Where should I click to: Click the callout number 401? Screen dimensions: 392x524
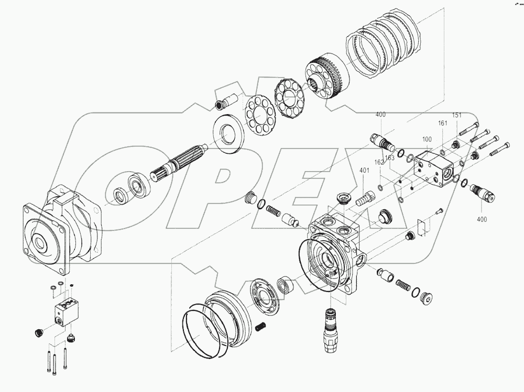pos(364,170)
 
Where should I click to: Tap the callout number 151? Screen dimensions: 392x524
pos(457,116)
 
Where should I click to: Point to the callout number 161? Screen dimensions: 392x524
pos(443,124)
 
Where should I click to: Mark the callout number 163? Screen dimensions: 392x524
pos(389,157)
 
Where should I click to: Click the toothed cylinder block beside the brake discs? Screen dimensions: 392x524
pos(328,77)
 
